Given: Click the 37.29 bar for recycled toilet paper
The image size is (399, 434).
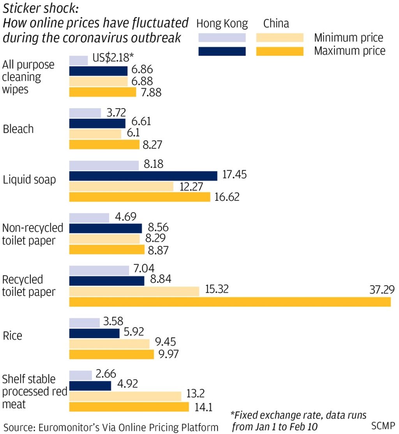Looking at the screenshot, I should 230,302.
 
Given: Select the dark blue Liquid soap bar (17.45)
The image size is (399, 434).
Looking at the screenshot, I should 143,176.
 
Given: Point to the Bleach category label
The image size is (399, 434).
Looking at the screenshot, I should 18,129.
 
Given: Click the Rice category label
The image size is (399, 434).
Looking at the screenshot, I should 12,335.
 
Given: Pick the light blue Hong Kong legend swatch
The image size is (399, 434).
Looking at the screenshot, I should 222,37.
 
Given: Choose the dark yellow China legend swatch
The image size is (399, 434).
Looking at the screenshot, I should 279,51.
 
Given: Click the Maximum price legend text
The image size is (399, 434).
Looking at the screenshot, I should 350,51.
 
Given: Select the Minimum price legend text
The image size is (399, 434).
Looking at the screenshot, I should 348,38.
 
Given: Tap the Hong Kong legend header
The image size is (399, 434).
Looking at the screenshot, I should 222,24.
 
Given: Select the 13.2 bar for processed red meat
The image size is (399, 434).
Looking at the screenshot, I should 125,396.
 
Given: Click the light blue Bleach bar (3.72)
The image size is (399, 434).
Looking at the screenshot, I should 85,113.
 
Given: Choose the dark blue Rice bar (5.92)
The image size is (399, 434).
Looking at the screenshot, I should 94,333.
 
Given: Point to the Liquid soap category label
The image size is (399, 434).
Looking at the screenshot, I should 29,180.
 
